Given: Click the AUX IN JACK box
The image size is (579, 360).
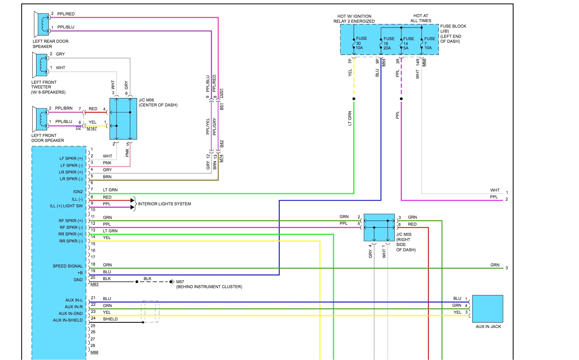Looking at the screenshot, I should pos(487,309).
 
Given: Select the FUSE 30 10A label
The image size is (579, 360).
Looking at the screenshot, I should pos(361,43).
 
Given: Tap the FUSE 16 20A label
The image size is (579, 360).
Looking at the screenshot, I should pos(389,43).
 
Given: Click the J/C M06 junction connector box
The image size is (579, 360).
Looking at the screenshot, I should pos(123,119).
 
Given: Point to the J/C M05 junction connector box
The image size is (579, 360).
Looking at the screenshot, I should pos(379,227).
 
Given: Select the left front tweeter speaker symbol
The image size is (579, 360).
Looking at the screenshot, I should pos(41,65).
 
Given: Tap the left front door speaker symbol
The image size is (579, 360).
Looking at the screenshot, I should pos(41,119).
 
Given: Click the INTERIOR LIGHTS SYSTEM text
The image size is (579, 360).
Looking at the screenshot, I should pos(164,204).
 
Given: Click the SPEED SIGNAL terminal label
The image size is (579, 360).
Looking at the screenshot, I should pos(68,266).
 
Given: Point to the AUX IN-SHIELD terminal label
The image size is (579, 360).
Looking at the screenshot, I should pos(68,320).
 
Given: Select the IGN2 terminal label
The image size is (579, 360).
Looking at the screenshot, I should pos(78,192).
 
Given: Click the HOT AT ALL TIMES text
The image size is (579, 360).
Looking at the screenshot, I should pos(421,18).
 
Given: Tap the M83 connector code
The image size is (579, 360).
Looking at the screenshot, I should pos(94,284).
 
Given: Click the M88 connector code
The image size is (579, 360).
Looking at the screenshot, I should pos(94,352).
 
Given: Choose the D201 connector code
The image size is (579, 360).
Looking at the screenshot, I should pos(221,93).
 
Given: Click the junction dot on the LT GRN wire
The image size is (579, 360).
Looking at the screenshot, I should pos(354,99).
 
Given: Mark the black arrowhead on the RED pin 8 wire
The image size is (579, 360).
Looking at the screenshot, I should pos(132,200).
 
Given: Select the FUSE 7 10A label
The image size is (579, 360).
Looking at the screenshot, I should pos(429,43).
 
